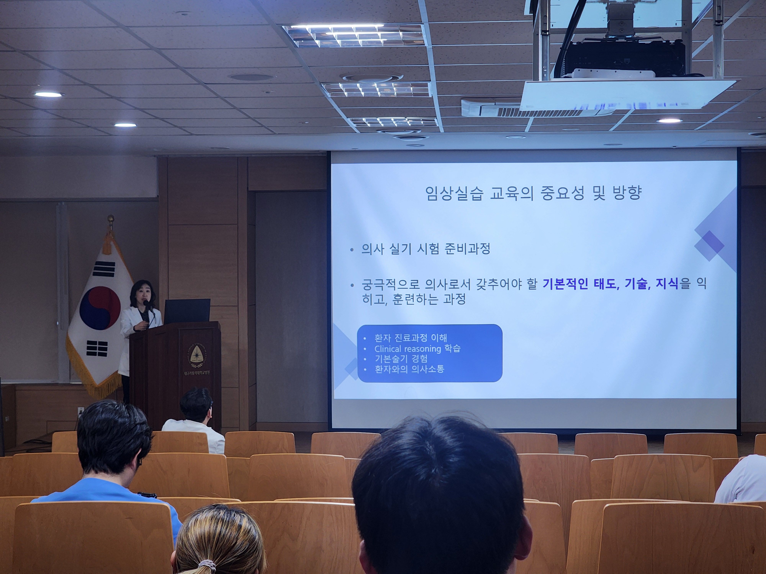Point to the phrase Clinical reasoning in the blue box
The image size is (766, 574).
pos(408,349)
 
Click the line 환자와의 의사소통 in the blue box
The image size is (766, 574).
pos(409,369)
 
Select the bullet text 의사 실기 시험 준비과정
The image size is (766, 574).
pos(426,249)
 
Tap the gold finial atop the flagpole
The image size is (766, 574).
pos(110,219)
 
